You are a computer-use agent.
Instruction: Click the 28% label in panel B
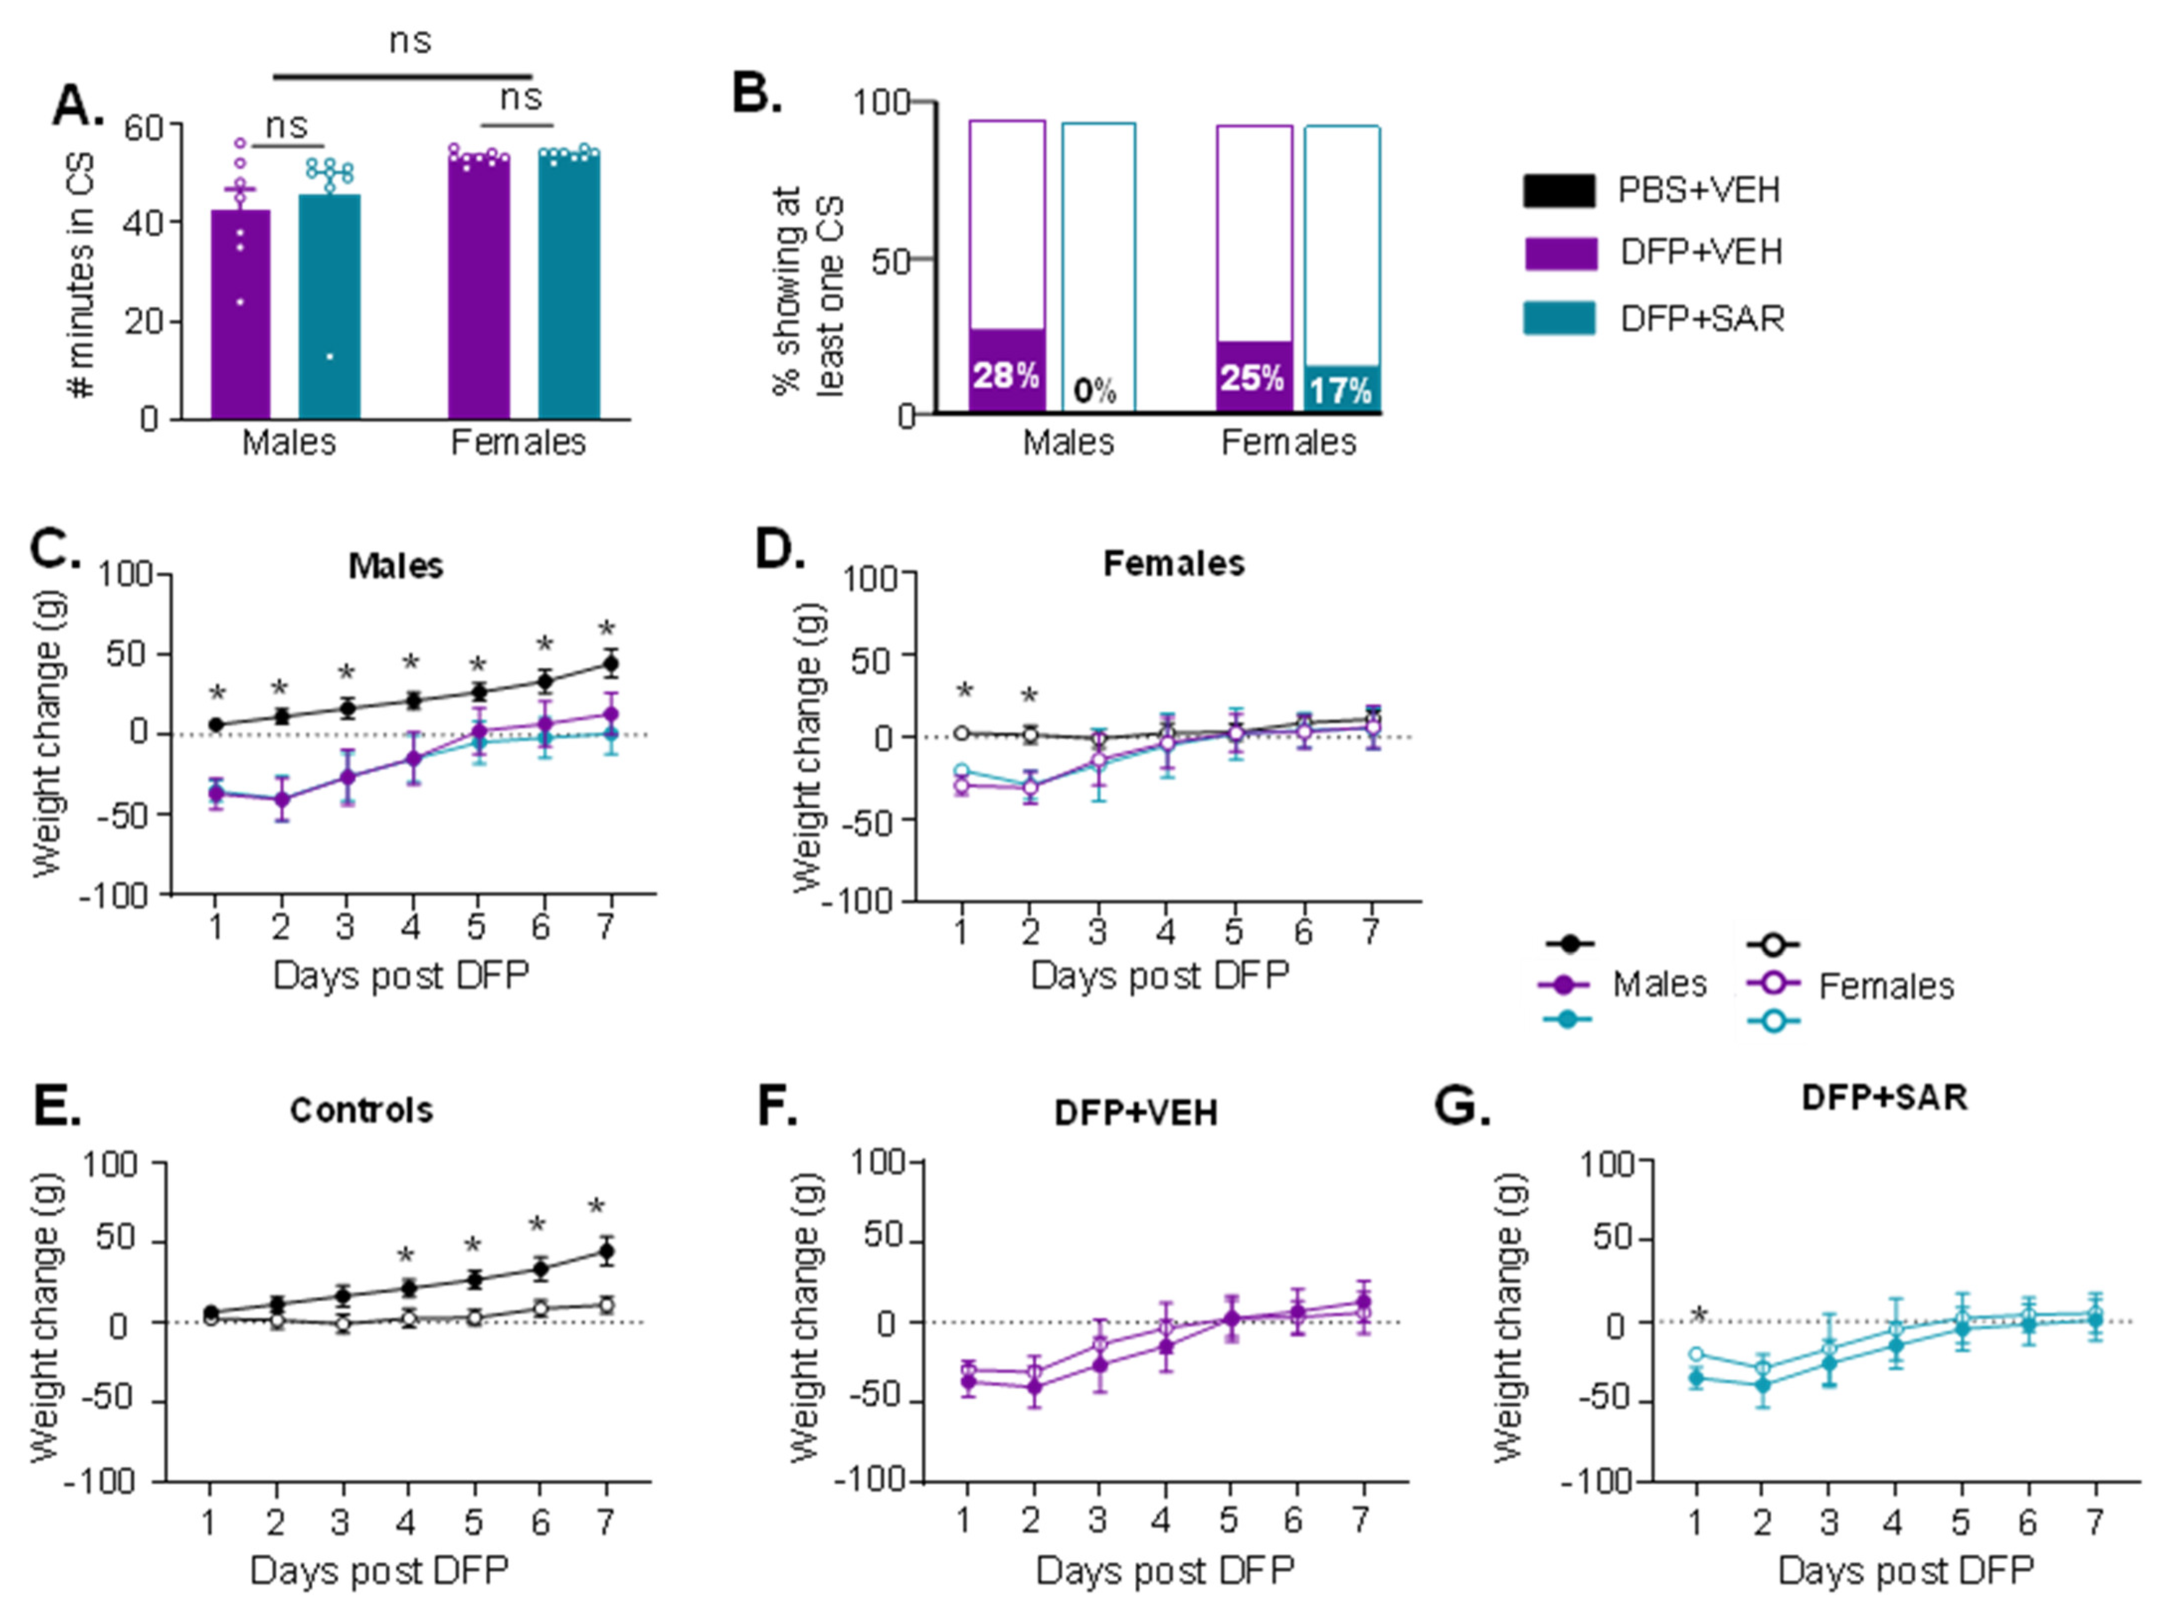pos(1005,375)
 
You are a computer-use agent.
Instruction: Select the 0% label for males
pos(1095,391)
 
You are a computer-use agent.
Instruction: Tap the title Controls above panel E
pos(362,1110)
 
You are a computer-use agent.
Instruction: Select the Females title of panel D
pos(1174,564)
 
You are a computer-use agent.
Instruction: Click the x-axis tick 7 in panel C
pos(606,926)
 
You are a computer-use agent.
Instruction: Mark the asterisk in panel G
pos(1699,1317)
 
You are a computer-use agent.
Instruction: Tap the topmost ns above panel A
pos(410,41)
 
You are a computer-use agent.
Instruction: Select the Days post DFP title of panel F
pos(1165,1570)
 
